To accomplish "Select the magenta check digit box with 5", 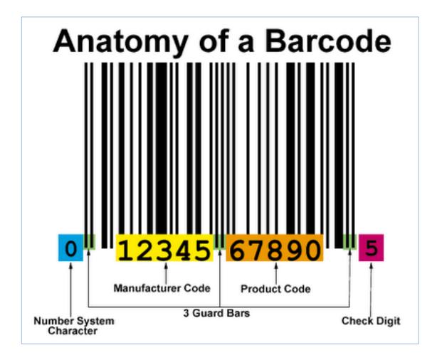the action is pyautogui.click(x=371, y=248).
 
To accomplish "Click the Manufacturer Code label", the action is pyautogui.click(x=162, y=288).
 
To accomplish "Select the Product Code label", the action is pyautogui.click(x=275, y=289).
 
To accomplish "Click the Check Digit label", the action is pyautogui.click(x=371, y=322).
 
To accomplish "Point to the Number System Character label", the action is pyautogui.click(x=74, y=326).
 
